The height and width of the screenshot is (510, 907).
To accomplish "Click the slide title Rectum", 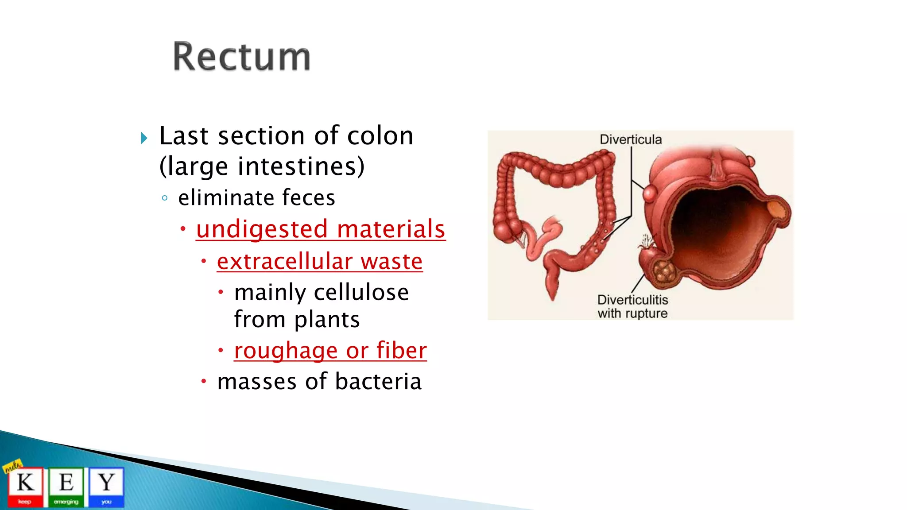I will pyautogui.click(x=241, y=57).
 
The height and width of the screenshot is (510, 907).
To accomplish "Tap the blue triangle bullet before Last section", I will pyautogui.click(x=144, y=138).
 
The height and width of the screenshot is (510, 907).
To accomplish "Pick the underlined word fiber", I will pyautogui.click(x=401, y=351).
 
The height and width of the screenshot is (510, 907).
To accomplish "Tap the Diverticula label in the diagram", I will pyautogui.click(x=630, y=139).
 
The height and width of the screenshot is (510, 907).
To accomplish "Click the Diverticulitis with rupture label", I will pyautogui.click(x=632, y=306).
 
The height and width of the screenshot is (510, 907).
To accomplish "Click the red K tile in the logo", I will pyautogui.click(x=25, y=486).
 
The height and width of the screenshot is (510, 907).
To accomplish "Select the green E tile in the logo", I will pyautogui.click(x=66, y=486).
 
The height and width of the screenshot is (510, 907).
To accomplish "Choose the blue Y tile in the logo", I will pyautogui.click(x=106, y=486).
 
